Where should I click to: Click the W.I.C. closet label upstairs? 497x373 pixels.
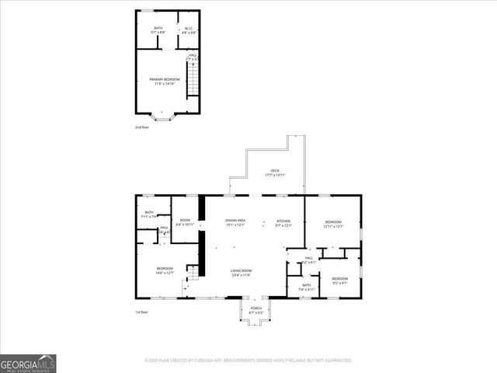coord(186,30)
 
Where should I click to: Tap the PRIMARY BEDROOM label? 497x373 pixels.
coord(165,81)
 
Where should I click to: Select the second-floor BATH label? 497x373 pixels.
coord(158,30)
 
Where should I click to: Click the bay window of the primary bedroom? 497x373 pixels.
coord(162,117)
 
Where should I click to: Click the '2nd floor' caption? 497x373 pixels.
coord(141,127)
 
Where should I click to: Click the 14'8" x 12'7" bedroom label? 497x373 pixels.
coord(165,270)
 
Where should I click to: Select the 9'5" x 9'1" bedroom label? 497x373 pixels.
coord(340,280)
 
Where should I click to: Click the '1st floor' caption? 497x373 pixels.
coord(141,311)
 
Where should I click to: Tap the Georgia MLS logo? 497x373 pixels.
coord(28,363)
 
